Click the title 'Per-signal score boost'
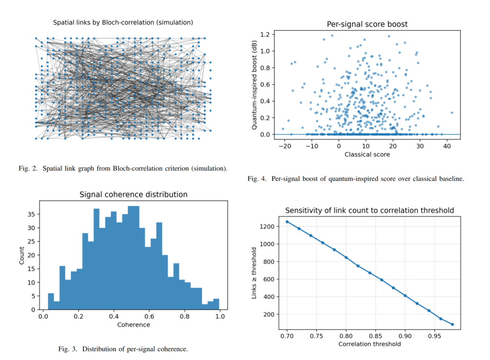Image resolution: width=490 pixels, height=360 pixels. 367,24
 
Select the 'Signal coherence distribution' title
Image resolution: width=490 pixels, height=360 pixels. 133,195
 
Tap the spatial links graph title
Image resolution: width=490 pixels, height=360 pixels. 123,22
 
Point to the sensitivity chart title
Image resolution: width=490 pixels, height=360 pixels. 369,210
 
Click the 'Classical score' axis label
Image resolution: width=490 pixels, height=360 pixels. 367,154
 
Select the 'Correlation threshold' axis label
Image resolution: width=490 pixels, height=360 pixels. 369,344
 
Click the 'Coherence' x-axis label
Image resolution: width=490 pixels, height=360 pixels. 134,325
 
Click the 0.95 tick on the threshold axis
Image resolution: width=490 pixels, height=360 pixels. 435,336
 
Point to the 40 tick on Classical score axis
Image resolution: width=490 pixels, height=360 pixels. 446,146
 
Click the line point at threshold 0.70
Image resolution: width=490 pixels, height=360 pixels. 287,221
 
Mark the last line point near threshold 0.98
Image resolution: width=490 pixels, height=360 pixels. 452,324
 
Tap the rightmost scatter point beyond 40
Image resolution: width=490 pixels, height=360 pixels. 452,113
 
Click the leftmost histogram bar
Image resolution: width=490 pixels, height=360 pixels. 51,301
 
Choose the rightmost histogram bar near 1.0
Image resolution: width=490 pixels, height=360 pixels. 216,304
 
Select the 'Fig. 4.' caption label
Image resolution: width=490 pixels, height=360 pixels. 257,179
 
